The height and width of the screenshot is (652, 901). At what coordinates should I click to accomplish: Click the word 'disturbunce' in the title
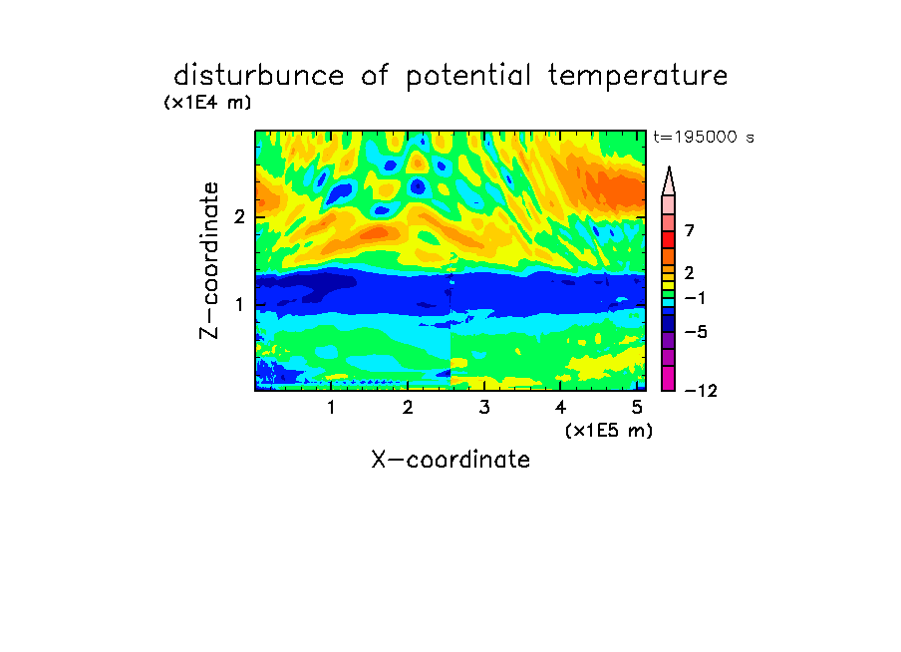click(x=258, y=76)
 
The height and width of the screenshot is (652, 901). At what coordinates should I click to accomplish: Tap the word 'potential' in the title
click(x=468, y=77)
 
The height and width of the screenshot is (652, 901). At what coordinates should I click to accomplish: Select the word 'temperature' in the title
click(x=638, y=77)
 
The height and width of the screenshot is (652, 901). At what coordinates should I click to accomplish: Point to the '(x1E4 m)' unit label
click(x=207, y=103)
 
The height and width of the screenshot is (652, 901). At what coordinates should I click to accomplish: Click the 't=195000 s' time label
click(x=704, y=137)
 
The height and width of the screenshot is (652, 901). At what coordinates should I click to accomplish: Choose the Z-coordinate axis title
click(x=209, y=260)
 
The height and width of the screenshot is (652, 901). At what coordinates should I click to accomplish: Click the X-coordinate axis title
click(x=450, y=460)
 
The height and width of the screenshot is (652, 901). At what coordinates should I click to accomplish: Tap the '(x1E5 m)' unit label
click(x=609, y=431)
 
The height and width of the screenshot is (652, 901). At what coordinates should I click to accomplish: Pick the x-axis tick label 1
click(x=331, y=408)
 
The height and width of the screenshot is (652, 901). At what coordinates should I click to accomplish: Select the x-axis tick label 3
click(x=484, y=408)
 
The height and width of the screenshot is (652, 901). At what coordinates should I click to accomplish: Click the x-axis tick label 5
click(x=637, y=408)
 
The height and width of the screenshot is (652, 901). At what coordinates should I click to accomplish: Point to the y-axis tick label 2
click(x=239, y=216)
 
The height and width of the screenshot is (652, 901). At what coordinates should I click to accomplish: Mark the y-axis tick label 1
click(x=239, y=304)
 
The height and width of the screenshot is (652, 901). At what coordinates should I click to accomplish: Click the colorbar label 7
click(x=690, y=231)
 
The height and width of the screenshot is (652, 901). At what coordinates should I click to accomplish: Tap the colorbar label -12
click(x=701, y=391)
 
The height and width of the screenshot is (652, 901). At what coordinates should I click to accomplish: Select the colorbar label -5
click(x=696, y=332)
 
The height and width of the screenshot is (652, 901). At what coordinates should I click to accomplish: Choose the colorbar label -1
click(x=695, y=298)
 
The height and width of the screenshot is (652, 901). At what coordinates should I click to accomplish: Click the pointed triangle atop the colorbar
click(x=669, y=180)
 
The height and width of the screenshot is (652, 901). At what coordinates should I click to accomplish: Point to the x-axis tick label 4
click(x=560, y=408)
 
